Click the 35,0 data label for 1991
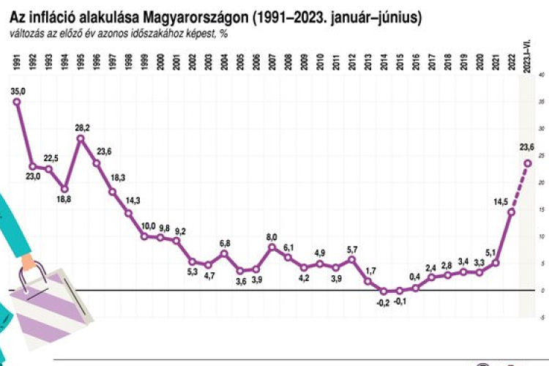pyautogui.click(x=18, y=90)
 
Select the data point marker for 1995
pyautogui.click(x=81, y=138)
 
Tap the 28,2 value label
pyautogui.click(x=82, y=127)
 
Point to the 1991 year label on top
pyautogui.click(x=17, y=61)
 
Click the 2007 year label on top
pyautogui.click(x=272, y=61)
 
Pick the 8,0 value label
pyautogui.click(x=272, y=237)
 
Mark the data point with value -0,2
pyautogui.click(x=384, y=291)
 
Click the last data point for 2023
pyautogui.click(x=527, y=163)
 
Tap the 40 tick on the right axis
pyautogui.click(x=539, y=75)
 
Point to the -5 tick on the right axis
pyautogui.click(x=539, y=318)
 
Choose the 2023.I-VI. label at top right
pyautogui.click(x=526, y=57)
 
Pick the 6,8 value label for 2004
pyautogui.click(x=225, y=243)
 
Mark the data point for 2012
pyautogui.click(x=352, y=259)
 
